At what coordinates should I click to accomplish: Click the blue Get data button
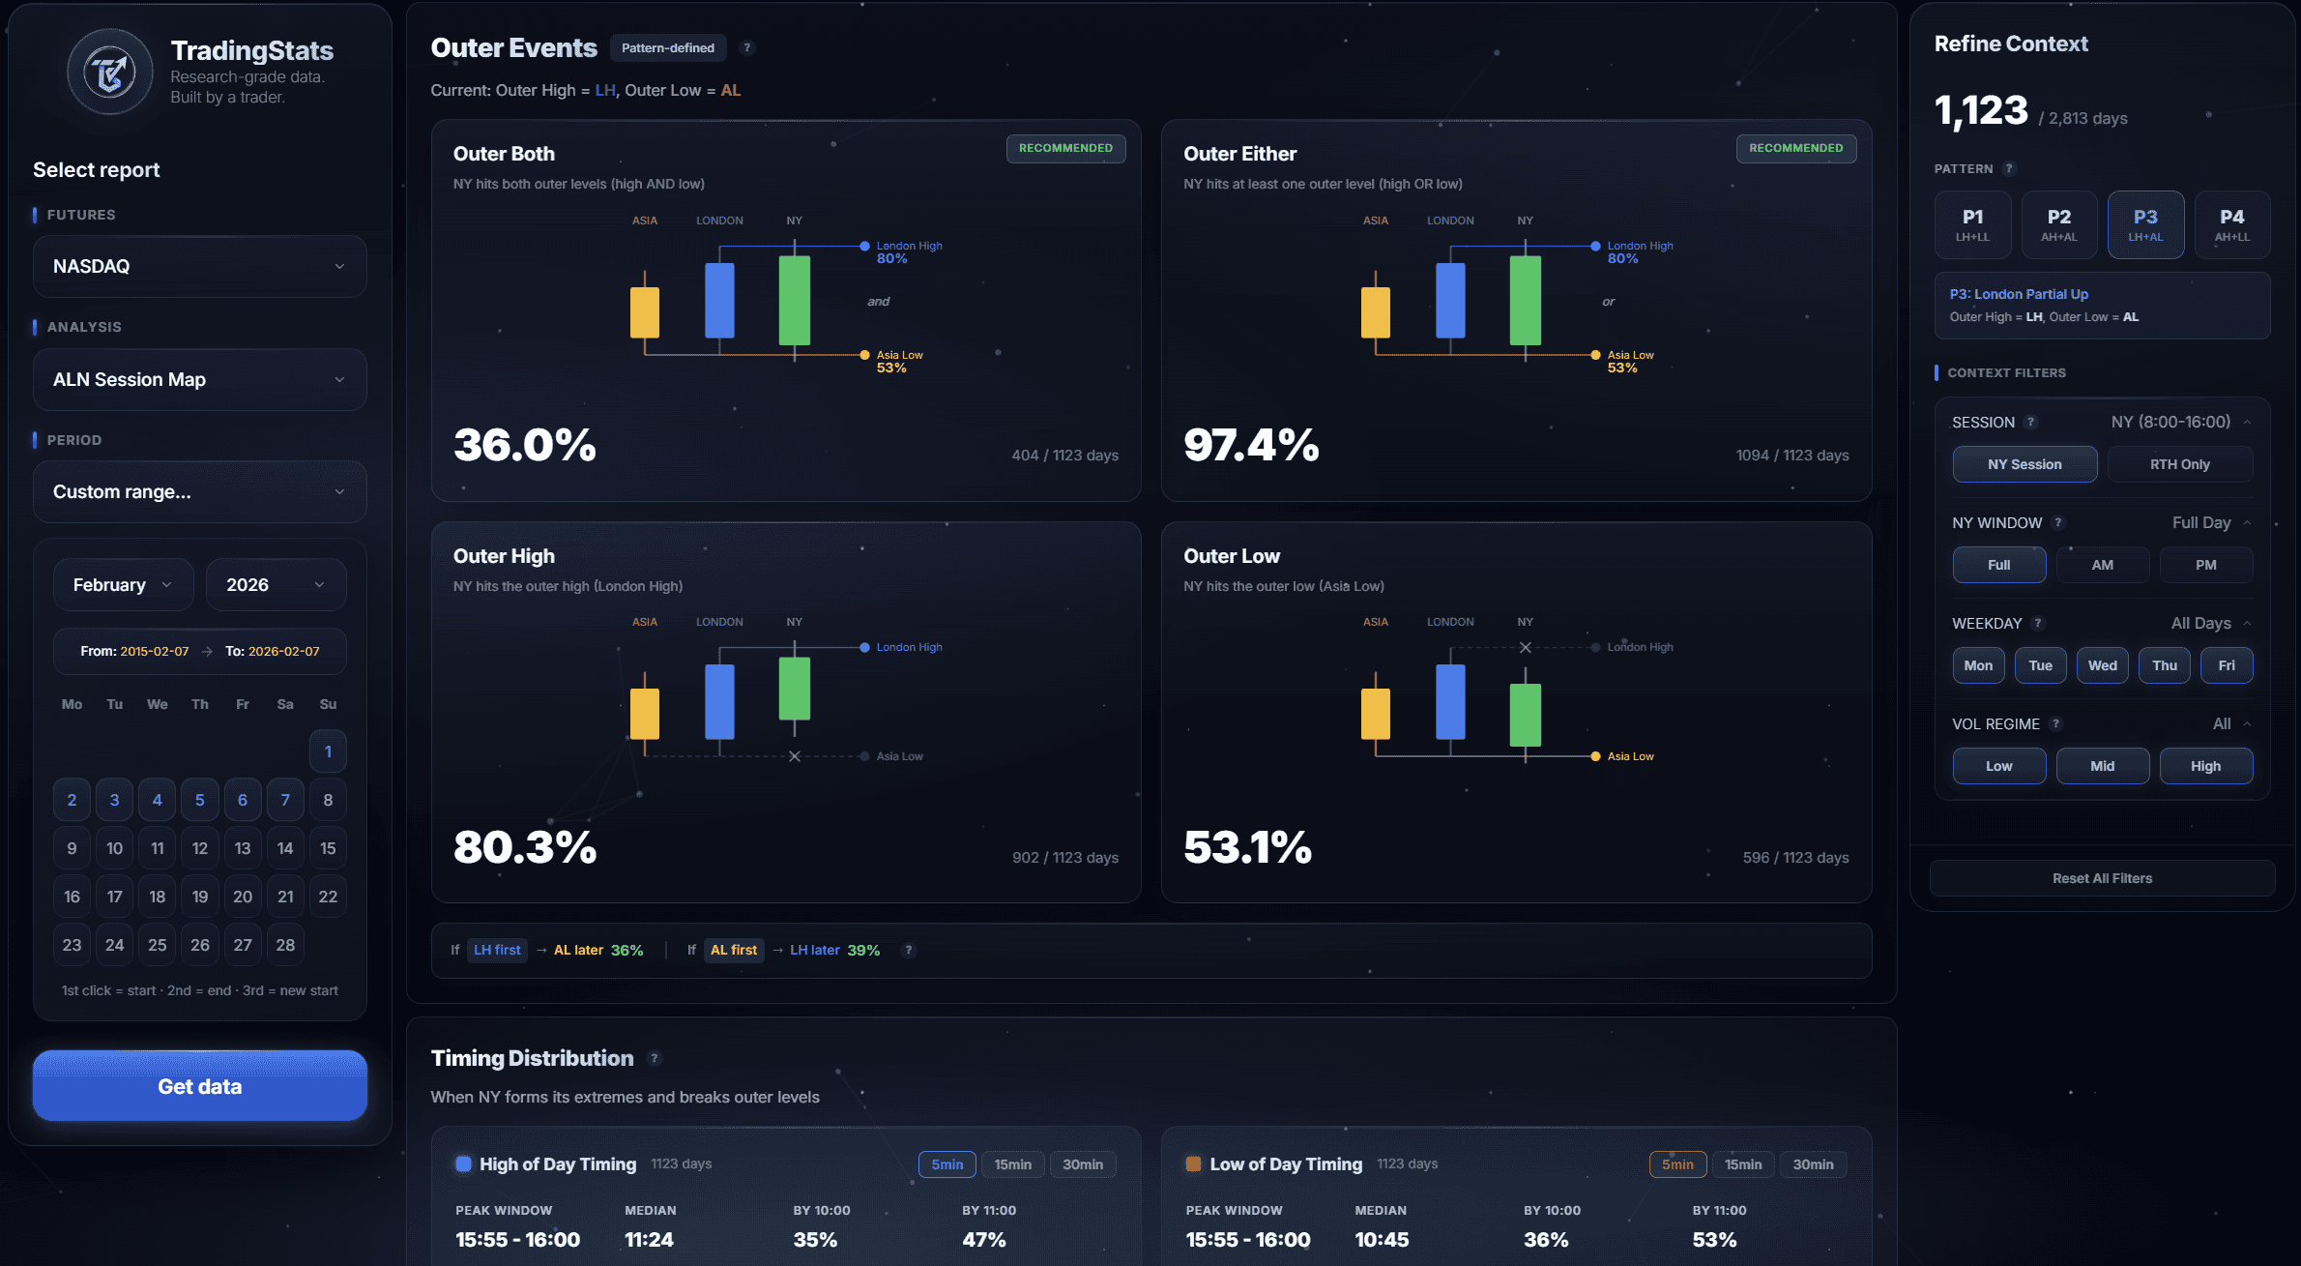click(199, 1086)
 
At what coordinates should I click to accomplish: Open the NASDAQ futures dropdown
click(199, 266)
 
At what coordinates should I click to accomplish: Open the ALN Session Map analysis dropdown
click(199, 379)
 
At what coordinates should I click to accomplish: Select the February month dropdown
click(123, 584)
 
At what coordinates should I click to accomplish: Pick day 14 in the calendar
click(285, 848)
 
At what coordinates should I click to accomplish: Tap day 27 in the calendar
click(243, 945)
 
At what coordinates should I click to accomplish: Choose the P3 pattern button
click(2144, 224)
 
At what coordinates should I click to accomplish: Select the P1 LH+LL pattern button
click(1972, 224)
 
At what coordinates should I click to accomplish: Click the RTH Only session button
click(2179, 464)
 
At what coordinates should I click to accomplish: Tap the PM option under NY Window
click(2205, 565)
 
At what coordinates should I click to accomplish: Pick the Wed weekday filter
click(2102, 665)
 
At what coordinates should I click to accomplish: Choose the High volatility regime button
click(2205, 766)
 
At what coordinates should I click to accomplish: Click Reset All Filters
click(2102, 878)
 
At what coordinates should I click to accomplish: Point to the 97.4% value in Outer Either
click(1250, 446)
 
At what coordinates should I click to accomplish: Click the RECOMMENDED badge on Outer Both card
click(1065, 148)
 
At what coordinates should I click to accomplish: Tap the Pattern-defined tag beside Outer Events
click(667, 47)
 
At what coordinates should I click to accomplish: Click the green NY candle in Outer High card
click(794, 689)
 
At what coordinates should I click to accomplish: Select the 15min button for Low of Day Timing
click(1742, 1164)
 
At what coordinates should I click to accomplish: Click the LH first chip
click(497, 950)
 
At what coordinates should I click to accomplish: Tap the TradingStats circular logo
click(110, 73)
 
